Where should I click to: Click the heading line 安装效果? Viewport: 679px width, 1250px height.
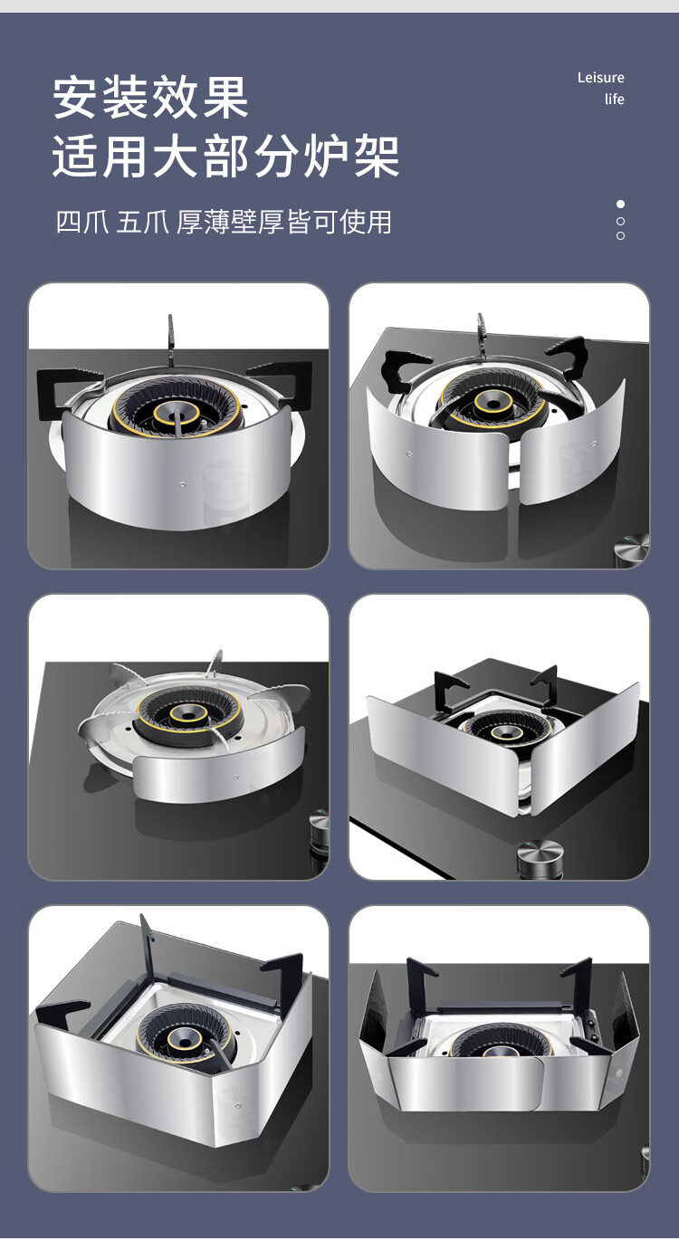[x=150, y=99]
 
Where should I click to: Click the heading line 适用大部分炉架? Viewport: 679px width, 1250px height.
[x=226, y=157]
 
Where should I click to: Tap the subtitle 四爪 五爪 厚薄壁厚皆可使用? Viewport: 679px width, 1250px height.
[x=224, y=222]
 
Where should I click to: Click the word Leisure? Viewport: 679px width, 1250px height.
[x=601, y=78]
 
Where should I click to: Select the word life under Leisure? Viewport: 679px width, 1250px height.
[x=615, y=100]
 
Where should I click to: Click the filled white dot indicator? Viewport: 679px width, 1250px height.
[x=620, y=204]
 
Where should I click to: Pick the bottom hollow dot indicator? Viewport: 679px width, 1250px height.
[x=620, y=236]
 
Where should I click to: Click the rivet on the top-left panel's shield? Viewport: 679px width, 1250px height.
[x=182, y=485]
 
